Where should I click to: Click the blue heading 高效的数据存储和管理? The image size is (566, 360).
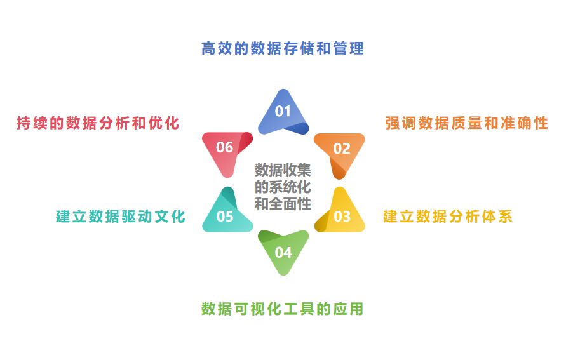pyautogui.click(x=283, y=49)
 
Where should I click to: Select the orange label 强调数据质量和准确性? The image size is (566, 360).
pyautogui.click(x=466, y=123)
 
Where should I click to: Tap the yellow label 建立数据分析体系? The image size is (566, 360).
pyautogui.click(x=448, y=217)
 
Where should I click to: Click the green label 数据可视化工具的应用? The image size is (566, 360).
pyautogui.click(x=283, y=309)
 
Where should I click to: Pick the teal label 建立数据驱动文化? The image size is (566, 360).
pyautogui.click(x=121, y=217)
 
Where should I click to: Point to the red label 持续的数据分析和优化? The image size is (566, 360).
pyautogui.click(x=98, y=123)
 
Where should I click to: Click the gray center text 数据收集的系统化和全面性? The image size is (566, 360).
pyautogui.click(x=283, y=187)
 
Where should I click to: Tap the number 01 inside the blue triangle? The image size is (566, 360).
pyautogui.click(x=283, y=112)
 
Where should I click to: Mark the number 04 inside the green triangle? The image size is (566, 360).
pyautogui.click(x=283, y=253)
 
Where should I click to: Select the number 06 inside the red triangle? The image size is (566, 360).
pyautogui.click(x=225, y=148)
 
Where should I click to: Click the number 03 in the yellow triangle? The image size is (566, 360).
pyautogui.click(x=342, y=217)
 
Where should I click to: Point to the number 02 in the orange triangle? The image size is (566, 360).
pyautogui.click(x=342, y=149)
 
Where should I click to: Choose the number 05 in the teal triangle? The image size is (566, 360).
pyautogui.click(x=225, y=217)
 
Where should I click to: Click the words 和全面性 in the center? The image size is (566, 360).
pyautogui.click(x=283, y=204)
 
